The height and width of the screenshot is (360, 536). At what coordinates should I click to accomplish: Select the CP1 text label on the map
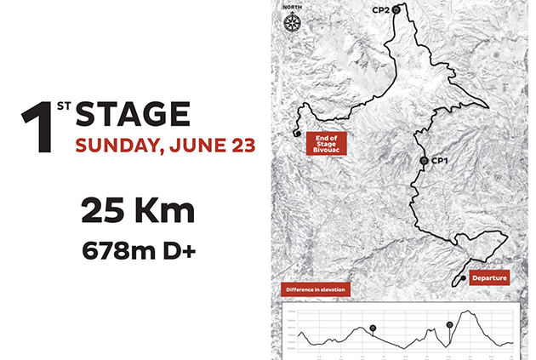(x=440, y=160)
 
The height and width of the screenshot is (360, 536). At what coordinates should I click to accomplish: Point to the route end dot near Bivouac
(x=295, y=133)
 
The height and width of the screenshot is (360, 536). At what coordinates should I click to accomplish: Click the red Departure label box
(x=489, y=277)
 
